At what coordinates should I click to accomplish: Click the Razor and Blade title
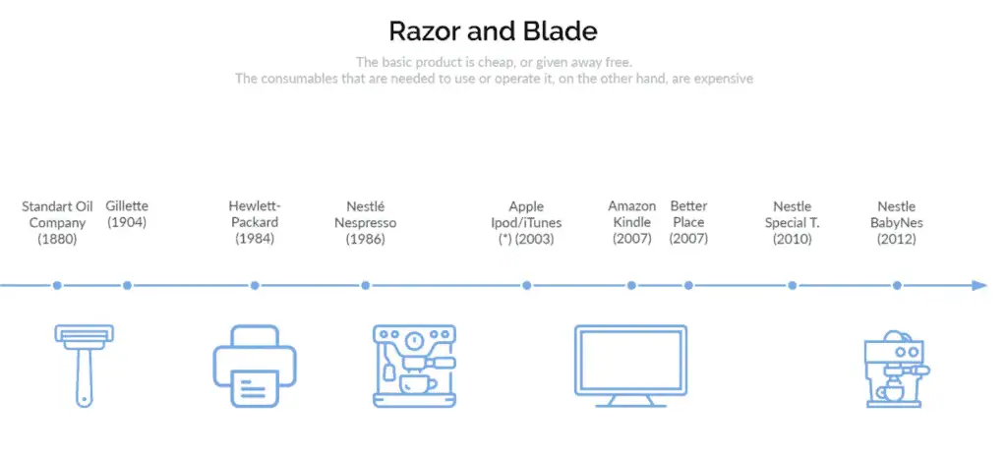tap(493, 30)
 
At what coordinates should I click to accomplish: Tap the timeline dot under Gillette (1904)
tap(127, 285)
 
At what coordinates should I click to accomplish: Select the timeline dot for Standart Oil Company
tap(57, 285)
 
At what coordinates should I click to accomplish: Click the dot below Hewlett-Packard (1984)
tap(255, 285)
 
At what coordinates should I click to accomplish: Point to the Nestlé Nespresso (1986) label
tap(366, 223)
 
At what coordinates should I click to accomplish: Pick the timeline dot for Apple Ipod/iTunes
tap(527, 285)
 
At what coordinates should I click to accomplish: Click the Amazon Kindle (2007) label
tap(632, 222)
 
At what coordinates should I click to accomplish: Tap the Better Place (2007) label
tap(688, 222)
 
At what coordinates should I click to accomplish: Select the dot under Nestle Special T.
tap(793, 285)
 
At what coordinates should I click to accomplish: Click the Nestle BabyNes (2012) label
tap(897, 223)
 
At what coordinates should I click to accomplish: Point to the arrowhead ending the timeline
tap(979, 285)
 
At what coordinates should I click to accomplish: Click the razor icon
tap(85, 365)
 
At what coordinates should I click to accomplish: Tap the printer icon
tap(255, 366)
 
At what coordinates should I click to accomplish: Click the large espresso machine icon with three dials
tap(415, 366)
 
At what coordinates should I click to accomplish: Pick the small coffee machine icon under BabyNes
tap(897, 369)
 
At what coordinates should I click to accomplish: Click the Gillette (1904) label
tap(127, 214)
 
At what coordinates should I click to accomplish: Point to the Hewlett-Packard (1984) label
tap(255, 222)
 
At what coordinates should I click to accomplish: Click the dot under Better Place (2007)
tap(688, 285)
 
